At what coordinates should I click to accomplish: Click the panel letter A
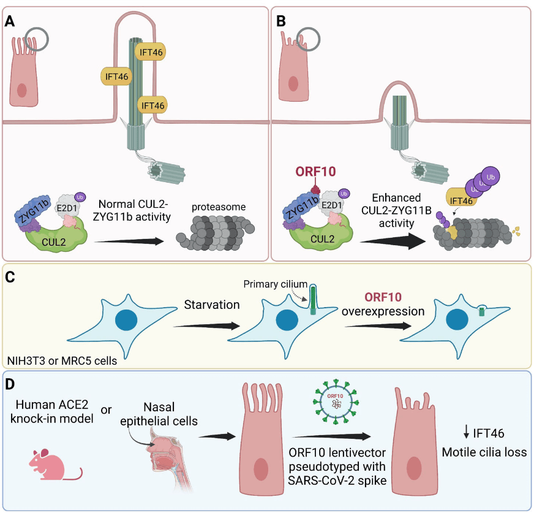tap(10, 20)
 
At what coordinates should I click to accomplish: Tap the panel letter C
tap(10, 276)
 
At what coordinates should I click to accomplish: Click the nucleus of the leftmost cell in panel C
tap(129, 321)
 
